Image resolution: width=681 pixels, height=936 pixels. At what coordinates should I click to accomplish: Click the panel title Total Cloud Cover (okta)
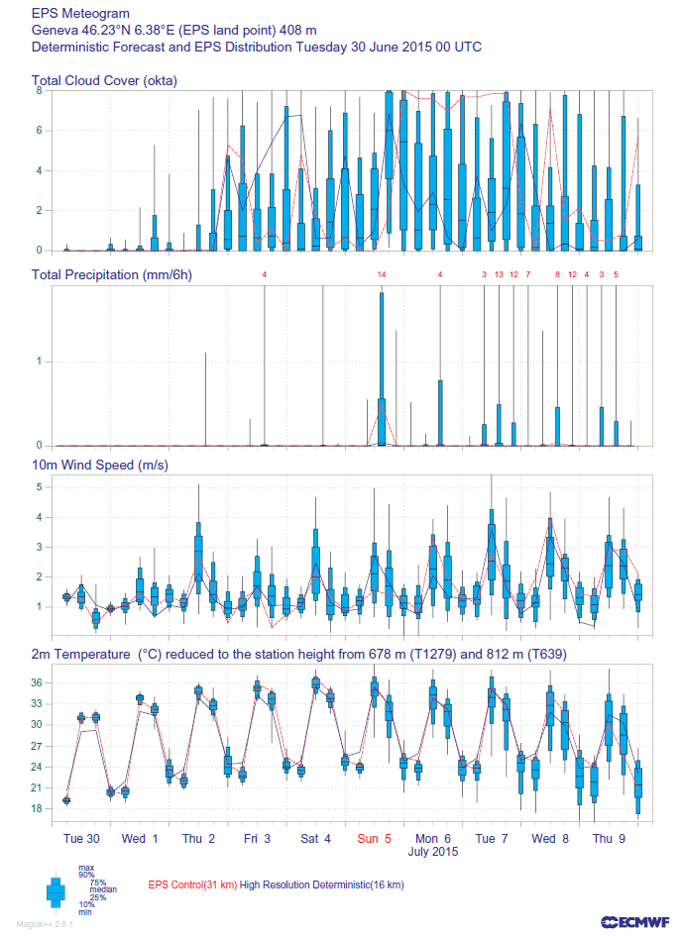pyautogui.click(x=104, y=81)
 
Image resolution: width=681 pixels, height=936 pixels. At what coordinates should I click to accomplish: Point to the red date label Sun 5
pyautogui.click(x=374, y=838)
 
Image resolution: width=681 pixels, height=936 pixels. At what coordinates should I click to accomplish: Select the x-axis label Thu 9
pyautogui.click(x=609, y=838)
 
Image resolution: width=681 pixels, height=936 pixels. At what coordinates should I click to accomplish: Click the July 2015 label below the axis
pyautogui.click(x=433, y=851)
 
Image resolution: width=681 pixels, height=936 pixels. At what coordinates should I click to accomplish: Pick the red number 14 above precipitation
pyautogui.click(x=381, y=274)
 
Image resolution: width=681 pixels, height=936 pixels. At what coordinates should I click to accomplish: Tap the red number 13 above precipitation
pyautogui.click(x=499, y=274)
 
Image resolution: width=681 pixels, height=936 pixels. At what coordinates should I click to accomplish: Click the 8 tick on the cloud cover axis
pyautogui.click(x=39, y=90)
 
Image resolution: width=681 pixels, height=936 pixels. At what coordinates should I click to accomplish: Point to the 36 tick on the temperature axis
pyautogui.click(x=36, y=682)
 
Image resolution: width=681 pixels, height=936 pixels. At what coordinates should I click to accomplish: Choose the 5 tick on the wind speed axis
pyautogui.click(x=39, y=487)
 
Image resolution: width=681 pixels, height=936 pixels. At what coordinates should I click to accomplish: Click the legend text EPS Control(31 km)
pyautogui.click(x=192, y=884)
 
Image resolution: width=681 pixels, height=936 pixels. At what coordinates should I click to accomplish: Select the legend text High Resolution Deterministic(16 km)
pyautogui.click(x=321, y=884)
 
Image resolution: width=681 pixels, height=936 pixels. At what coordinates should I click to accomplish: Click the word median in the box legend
pyautogui.click(x=103, y=888)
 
